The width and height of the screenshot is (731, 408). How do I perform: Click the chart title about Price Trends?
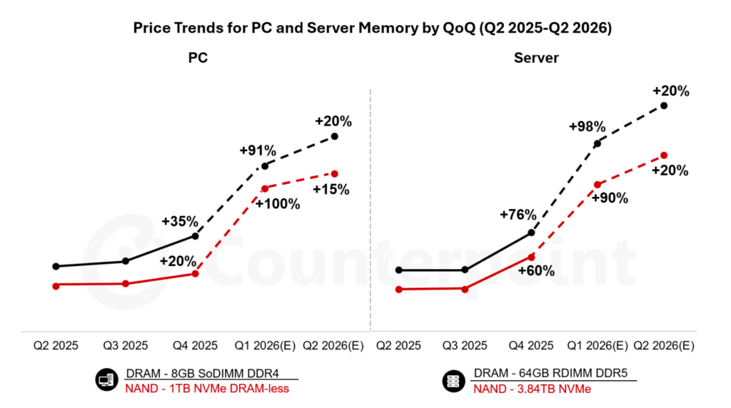(365, 29)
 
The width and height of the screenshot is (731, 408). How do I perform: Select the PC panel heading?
(198, 58)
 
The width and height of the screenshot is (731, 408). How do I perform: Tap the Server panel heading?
(536, 58)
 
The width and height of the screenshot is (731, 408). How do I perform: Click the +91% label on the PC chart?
(258, 151)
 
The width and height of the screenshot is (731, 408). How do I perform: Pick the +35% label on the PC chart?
(180, 220)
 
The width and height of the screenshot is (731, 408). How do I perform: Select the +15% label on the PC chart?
(331, 189)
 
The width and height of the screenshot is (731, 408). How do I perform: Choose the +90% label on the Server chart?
(610, 198)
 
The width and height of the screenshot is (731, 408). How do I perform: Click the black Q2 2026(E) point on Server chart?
(664, 106)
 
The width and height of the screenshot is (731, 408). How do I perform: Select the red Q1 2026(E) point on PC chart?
(265, 188)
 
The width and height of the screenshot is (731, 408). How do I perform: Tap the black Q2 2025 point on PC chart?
(56, 266)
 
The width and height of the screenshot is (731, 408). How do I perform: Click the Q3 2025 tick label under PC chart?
(125, 345)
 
